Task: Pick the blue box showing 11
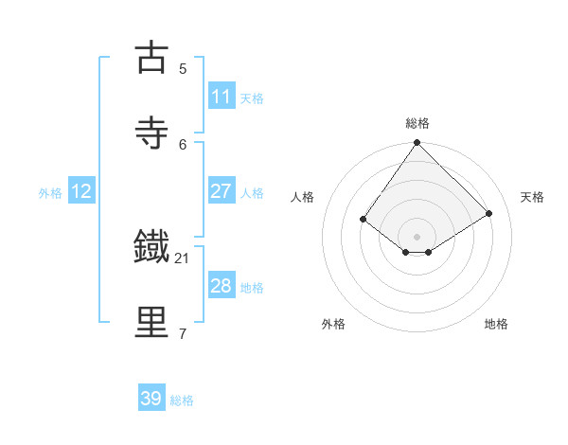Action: pos(222,97)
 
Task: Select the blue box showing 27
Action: pos(222,191)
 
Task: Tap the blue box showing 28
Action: pos(222,286)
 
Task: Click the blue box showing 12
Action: pos(81,191)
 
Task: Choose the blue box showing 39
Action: pos(151,399)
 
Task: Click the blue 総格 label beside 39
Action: pos(183,400)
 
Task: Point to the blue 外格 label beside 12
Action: pos(50,192)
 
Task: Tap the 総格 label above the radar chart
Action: pos(417,123)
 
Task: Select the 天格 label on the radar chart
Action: pos(532,197)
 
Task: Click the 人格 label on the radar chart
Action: pos(303,197)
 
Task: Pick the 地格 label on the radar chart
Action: pos(496,324)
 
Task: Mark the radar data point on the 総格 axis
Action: pos(417,142)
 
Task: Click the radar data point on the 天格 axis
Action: pos(489,213)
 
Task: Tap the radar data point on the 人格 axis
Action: pos(364,219)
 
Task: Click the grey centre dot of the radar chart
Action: pos(417,236)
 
